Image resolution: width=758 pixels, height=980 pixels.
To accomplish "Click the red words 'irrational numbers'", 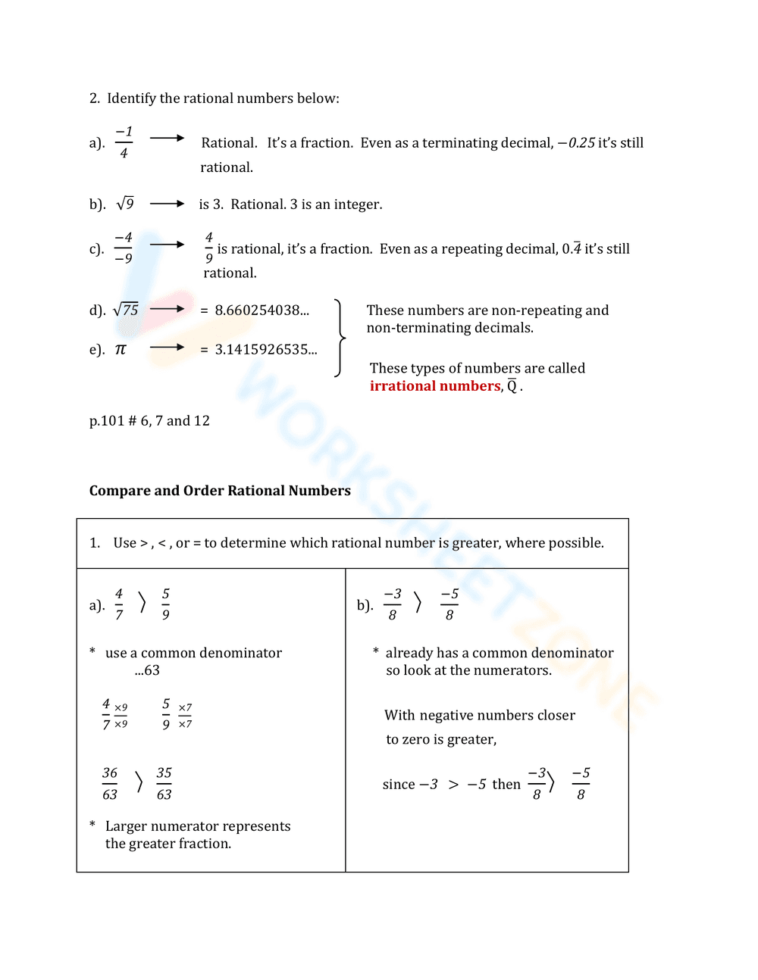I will coord(435,386).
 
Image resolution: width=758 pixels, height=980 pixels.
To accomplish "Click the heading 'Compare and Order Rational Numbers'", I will coord(220,491).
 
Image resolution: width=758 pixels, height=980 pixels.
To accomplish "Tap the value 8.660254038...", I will coord(262,311).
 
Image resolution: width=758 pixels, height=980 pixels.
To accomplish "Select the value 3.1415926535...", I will coord(265,350).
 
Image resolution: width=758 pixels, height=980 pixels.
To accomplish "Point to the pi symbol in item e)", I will coord(121,349).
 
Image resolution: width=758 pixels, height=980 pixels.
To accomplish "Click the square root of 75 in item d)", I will coord(126,310).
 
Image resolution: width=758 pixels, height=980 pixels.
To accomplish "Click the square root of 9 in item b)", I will coord(125,204).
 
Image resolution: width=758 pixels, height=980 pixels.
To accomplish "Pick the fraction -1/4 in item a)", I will coord(124,142).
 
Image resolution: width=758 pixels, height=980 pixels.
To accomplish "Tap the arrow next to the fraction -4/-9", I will coord(167,245).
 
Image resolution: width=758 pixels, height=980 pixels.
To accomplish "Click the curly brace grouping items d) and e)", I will coord(340,338).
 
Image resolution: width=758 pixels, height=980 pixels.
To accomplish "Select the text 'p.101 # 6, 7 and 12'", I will coord(149,421).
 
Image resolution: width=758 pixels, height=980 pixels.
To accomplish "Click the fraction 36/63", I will coord(110,783).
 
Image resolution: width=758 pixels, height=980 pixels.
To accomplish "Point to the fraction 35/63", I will coord(164,783).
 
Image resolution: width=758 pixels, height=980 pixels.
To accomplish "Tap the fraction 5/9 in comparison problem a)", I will coord(166,604).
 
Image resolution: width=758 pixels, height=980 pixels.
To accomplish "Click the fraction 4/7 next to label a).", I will coord(119,604).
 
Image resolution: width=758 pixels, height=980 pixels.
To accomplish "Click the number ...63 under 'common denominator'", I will coord(147,670).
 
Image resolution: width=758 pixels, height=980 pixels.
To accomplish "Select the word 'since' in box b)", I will coord(399,785).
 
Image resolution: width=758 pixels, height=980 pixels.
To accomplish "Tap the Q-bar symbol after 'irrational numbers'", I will coord(512,386).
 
